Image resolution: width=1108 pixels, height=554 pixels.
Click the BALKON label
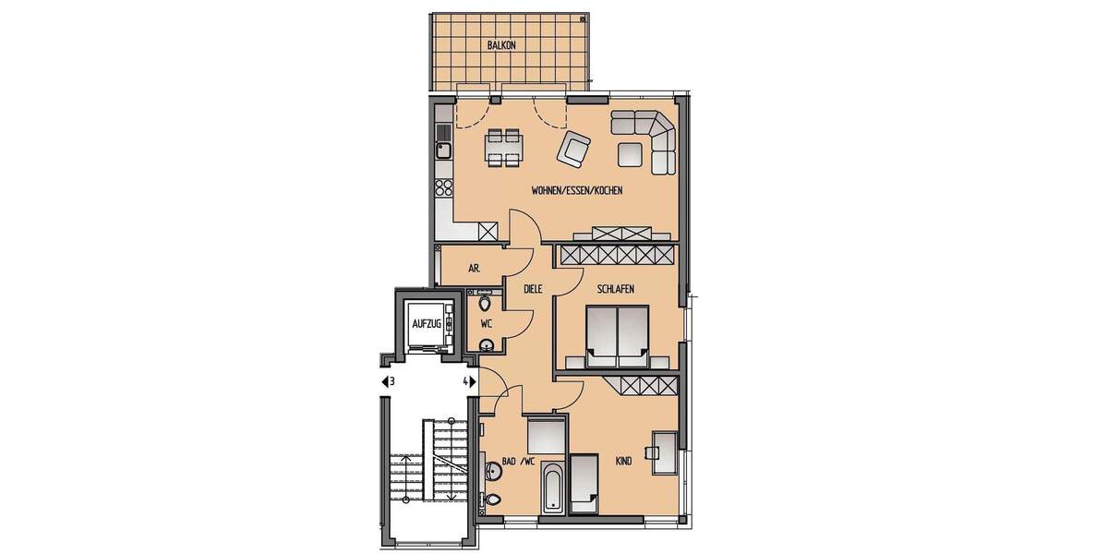[501, 44]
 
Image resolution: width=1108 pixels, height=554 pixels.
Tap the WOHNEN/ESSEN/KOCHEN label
[576, 191]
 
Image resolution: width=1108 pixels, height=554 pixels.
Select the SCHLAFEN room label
[615, 289]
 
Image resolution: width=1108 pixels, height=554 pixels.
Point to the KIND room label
[623, 461]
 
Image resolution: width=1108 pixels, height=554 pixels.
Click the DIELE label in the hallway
[533, 289]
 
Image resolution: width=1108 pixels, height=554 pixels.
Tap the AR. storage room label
[474, 269]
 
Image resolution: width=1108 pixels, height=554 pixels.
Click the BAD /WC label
[518, 461]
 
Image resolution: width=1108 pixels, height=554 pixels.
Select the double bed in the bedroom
[616, 333]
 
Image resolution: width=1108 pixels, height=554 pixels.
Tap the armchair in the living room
[574, 149]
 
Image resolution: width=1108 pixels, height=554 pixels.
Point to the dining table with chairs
[503, 147]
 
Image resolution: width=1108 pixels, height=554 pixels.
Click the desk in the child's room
[665, 452]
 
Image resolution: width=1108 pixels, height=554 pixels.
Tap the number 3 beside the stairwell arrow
[392, 381]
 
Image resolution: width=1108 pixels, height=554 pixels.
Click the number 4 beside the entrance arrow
[465, 381]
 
